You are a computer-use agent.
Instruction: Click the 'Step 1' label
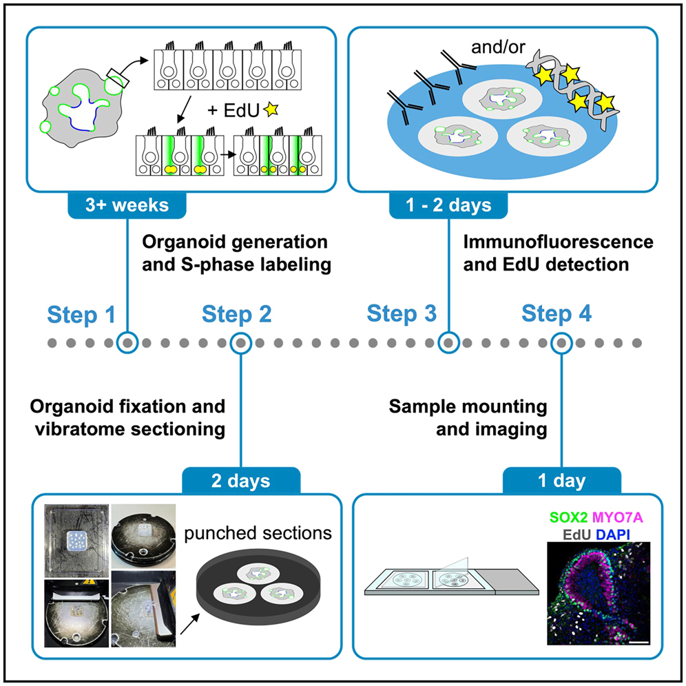81,315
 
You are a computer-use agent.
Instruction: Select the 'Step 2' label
236,315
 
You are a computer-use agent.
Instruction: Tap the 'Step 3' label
402,315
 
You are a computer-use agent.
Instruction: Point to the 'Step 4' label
557,315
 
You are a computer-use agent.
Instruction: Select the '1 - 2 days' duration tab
449,206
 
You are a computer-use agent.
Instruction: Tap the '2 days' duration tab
240,480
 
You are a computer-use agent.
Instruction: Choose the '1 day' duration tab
562,480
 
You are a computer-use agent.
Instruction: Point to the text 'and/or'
493,49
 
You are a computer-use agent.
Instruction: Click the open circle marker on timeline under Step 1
127,342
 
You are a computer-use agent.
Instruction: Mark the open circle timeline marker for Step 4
562,342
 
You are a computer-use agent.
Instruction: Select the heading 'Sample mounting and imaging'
468,418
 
